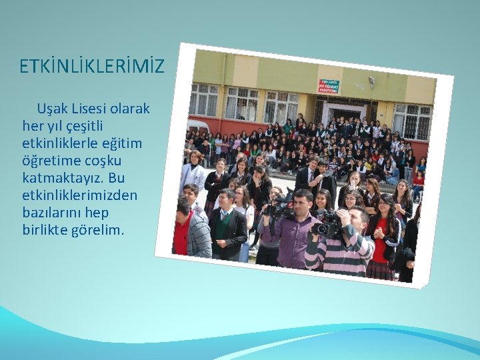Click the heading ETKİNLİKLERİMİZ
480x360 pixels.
pyautogui.click(x=91, y=67)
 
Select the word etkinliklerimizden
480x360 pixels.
pyautogui.click(x=79, y=195)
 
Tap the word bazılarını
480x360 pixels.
pyautogui.click(x=49, y=213)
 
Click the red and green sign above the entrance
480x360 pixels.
pyautogui.click(x=328, y=87)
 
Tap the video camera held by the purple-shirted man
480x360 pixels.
pyautogui.click(x=279, y=208)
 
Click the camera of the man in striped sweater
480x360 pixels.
pyautogui.click(x=327, y=227)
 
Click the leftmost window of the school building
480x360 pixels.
pyautogui.click(x=204, y=101)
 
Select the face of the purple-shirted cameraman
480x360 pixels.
pyautogui.click(x=303, y=201)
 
